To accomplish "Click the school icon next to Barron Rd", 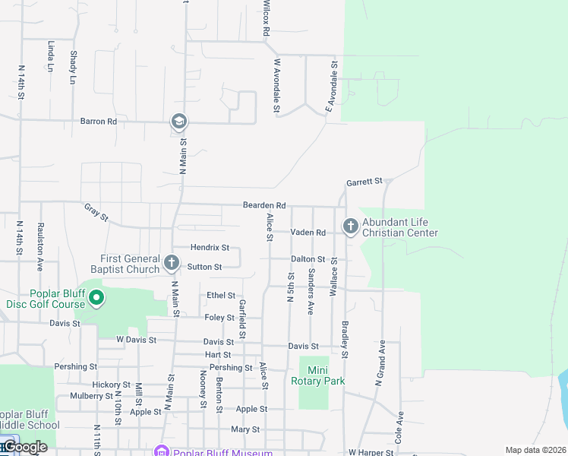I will click(x=179, y=122).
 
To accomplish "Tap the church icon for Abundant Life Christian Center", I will click(x=351, y=226).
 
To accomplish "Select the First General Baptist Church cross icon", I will click(x=172, y=264).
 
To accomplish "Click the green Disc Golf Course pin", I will click(x=96, y=299).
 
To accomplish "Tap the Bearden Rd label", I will click(x=263, y=205).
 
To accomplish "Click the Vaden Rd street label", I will click(x=308, y=233).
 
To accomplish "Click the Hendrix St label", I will click(x=210, y=248).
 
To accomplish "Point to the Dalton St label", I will click(x=308, y=259).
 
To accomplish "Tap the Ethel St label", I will click(x=221, y=295).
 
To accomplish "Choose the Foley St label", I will click(x=220, y=317).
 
